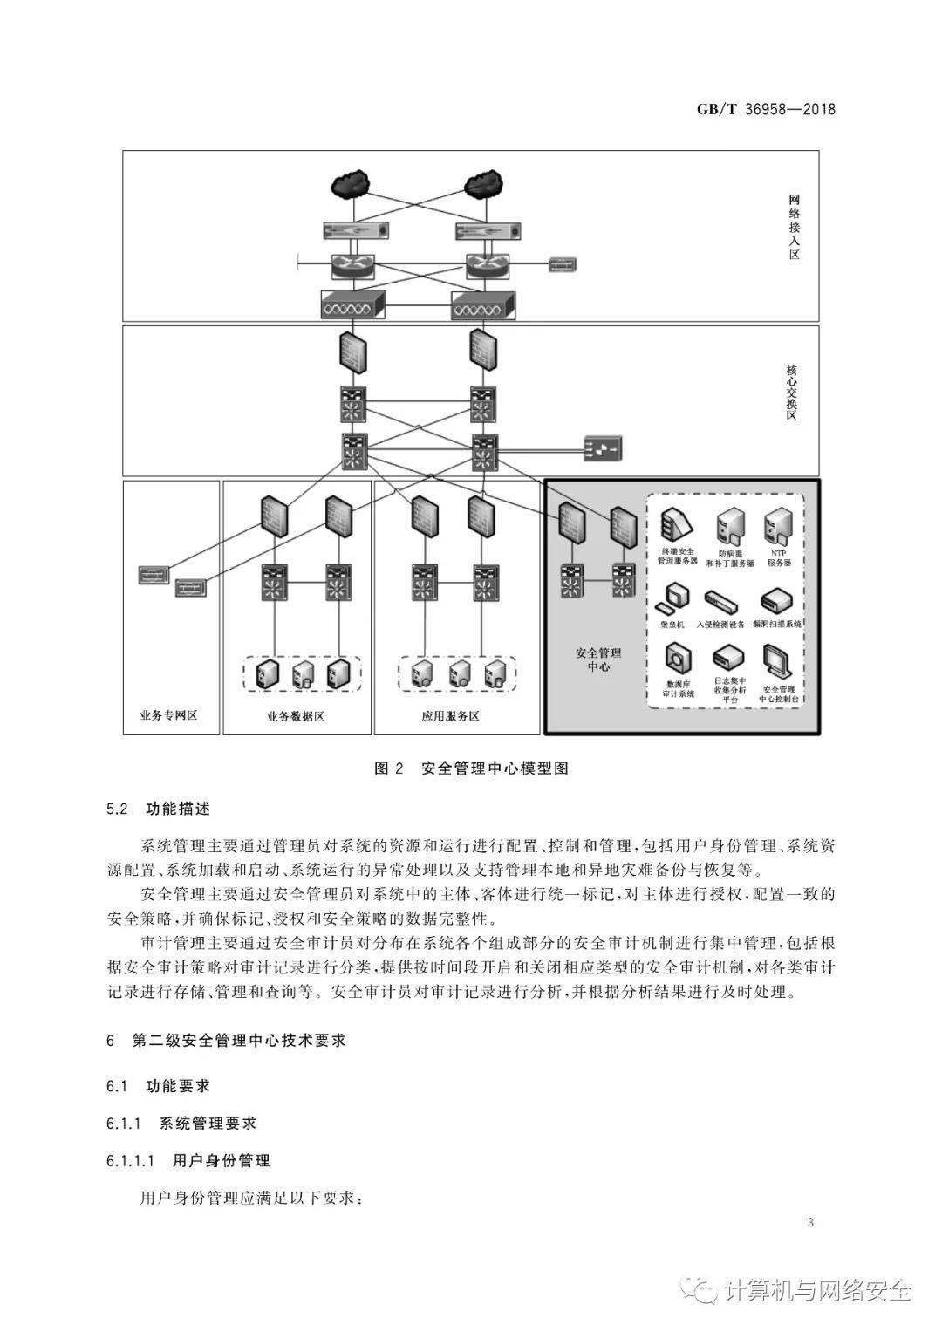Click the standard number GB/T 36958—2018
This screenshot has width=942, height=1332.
click(765, 110)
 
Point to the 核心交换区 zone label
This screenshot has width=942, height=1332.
click(791, 393)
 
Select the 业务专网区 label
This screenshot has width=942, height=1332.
click(169, 716)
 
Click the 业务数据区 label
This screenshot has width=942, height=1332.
click(296, 716)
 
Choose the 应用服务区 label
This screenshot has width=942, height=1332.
click(450, 716)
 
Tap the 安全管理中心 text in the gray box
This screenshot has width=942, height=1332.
click(593, 659)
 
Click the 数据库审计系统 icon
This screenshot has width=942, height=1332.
click(679, 660)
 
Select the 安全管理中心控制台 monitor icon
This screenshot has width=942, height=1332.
click(776, 663)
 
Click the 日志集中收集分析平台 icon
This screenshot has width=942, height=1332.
click(727, 660)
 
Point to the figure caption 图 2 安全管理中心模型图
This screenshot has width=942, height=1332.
click(471, 768)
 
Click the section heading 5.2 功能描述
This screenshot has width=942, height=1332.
click(158, 809)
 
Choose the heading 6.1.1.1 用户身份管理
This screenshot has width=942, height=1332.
click(188, 1160)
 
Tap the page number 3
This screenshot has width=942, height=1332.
click(810, 1222)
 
